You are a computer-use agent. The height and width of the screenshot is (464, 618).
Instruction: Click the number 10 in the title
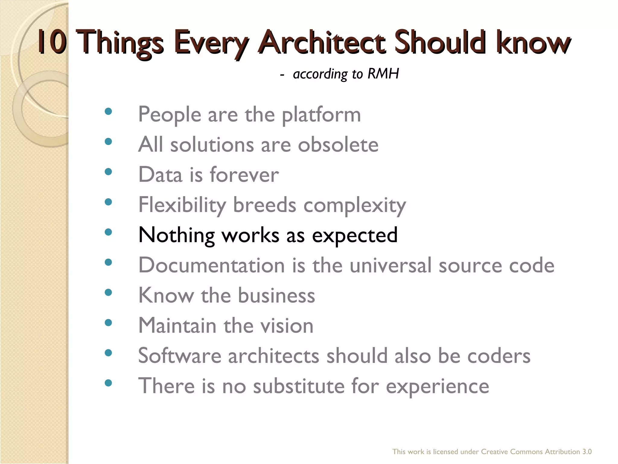tap(52, 42)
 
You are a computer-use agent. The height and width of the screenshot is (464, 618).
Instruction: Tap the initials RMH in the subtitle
tap(383, 74)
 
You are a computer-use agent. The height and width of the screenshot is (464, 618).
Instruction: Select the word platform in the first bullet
tap(321, 115)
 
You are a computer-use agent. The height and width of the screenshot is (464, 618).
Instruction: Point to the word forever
tap(244, 175)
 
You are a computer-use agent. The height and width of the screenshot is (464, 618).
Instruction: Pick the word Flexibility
tap(182, 205)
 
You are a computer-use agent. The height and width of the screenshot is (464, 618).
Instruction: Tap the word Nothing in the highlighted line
tap(177, 235)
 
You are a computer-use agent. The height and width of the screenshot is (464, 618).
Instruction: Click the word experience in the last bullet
tap(437, 387)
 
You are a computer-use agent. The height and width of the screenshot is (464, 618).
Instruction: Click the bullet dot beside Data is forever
tap(108, 172)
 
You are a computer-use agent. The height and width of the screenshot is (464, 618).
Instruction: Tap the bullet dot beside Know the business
tap(108, 292)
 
